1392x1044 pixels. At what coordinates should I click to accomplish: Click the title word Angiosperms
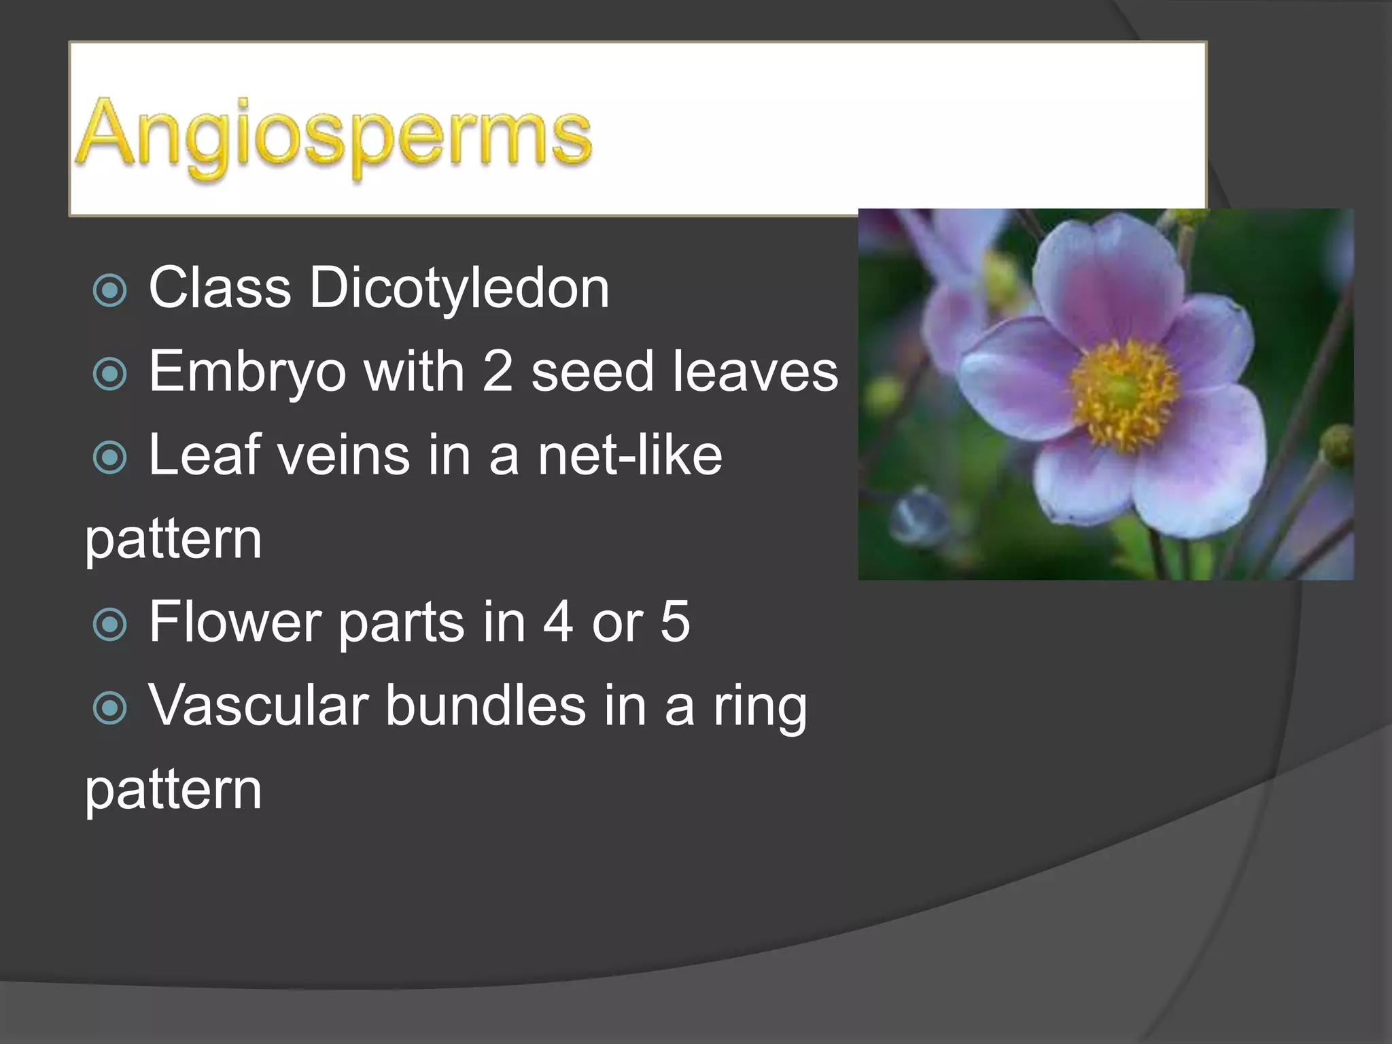pyautogui.click(x=334, y=136)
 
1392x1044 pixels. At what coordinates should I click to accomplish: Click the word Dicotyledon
pyautogui.click(x=459, y=288)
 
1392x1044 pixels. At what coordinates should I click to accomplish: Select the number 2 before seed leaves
pyautogui.click(x=497, y=372)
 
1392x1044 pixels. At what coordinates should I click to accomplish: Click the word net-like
pyautogui.click(x=630, y=455)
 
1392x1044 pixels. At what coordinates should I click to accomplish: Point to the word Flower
pyautogui.click(x=234, y=621)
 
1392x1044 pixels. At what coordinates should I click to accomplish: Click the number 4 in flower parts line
pyautogui.click(x=557, y=621)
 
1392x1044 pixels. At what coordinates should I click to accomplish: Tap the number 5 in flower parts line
pyautogui.click(x=675, y=621)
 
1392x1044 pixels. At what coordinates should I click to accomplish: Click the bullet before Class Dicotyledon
pyautogui.click(x=109, y=290)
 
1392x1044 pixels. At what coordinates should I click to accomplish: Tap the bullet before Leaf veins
pyautogui.click(x=109, y=457)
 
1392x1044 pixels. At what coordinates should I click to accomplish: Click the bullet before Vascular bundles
pyautogui.click(x=109, y=708)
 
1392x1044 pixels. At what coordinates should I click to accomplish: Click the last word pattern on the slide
pyautogui.click(x=173, y=790)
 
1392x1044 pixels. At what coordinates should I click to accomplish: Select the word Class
pyautogui.click(x=220, y=288)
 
